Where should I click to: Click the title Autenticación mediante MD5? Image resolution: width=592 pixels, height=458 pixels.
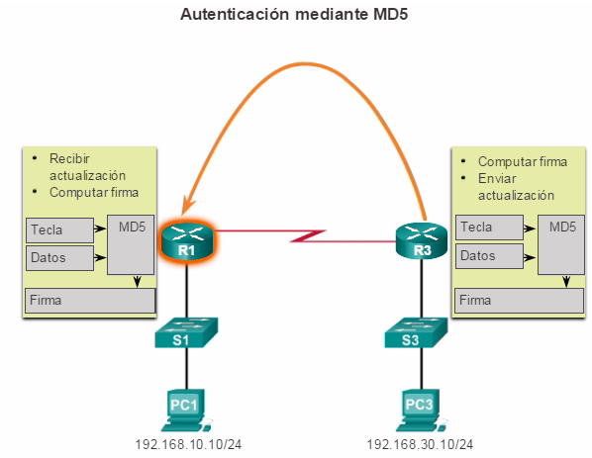294,14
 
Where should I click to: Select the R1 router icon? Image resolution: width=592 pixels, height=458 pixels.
187,241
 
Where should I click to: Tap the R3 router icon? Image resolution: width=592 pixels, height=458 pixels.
422,241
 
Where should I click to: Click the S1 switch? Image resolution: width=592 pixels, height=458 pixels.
186,332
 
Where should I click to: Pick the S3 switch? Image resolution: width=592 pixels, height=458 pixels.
416,332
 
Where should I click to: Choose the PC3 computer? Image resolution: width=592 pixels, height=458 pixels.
421,411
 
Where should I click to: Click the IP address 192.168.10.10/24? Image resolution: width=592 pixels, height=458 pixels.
188,444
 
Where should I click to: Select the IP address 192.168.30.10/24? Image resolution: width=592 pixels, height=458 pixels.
420,444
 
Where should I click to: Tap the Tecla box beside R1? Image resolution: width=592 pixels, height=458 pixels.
59,229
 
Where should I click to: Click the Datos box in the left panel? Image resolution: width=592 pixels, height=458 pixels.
59,257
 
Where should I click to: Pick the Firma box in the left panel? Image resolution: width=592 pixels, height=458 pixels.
90,301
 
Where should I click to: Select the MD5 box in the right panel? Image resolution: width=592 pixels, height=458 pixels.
561,244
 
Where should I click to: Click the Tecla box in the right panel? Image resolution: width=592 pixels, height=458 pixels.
489,228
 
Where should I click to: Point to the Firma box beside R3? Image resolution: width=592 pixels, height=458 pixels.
519,301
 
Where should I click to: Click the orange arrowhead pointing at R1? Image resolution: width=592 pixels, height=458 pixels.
188,206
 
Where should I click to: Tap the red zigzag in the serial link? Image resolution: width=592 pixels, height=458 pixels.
308,235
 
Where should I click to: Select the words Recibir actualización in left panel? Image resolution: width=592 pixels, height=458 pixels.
87,167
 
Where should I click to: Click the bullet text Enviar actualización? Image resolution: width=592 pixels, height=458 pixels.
516,187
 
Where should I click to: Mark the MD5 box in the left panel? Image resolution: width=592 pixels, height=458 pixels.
131,244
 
